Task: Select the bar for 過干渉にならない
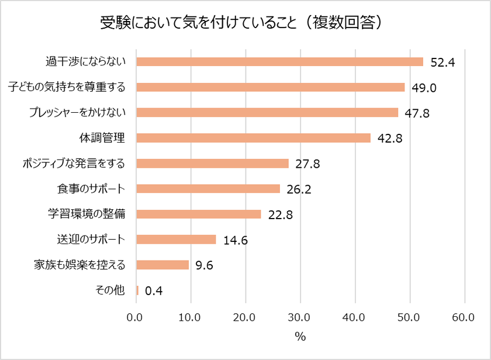[279, 62]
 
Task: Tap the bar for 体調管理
[253, 138]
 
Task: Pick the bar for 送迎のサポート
[176, 239]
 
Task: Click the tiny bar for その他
[137, 290]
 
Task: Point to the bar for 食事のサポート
[208, 188]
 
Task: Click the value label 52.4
[442, 63]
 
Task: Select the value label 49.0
[424, 88]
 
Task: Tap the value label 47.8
[417, 113]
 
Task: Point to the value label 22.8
[281, 214]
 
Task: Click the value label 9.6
[203, 265]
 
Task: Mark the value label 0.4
[153, 291]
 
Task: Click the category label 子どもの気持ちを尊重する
[67, 87]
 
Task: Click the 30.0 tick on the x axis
[300, 317]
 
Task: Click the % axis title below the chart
[300, 337]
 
